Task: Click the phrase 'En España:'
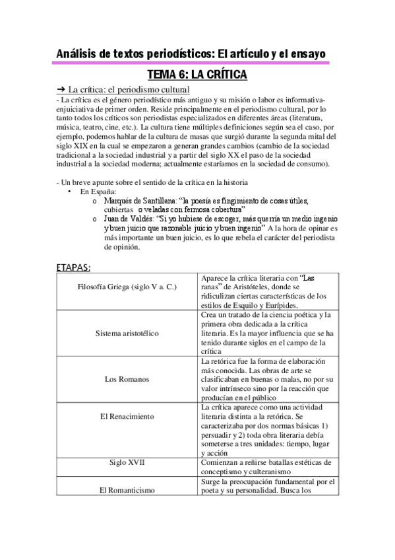click(98, 192)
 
